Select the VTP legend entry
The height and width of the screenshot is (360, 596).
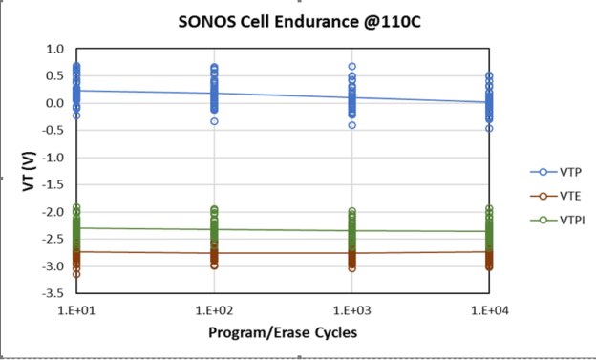coord(560,172)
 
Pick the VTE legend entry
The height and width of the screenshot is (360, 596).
coord(560,196)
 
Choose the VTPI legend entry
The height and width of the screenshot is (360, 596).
coord(562,220)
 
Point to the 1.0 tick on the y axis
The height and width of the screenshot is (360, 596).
coord(54,49)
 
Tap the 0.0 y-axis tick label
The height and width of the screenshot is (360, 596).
coord(54,103)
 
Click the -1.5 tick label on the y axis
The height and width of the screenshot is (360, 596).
coord(53,184)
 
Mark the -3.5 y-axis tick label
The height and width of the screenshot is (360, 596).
coord(53,293)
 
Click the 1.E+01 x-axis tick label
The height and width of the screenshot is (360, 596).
coord(76,311)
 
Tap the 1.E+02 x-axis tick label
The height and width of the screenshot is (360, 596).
coord(214,311)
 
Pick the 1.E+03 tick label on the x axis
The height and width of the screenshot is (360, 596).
coord(351,311)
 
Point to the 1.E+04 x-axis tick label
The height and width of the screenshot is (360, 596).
coord(489,311)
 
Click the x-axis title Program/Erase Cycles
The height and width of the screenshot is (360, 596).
coord(283,332)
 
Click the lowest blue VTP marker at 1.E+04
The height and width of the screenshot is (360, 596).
coord(489,128)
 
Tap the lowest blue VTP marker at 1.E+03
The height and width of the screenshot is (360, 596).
coord(351,125)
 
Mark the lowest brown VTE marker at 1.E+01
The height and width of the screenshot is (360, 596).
coord(76,274)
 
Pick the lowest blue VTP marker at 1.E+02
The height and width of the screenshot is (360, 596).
coord(214,121)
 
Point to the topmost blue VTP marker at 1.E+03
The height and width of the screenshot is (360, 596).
coord(351,67)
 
